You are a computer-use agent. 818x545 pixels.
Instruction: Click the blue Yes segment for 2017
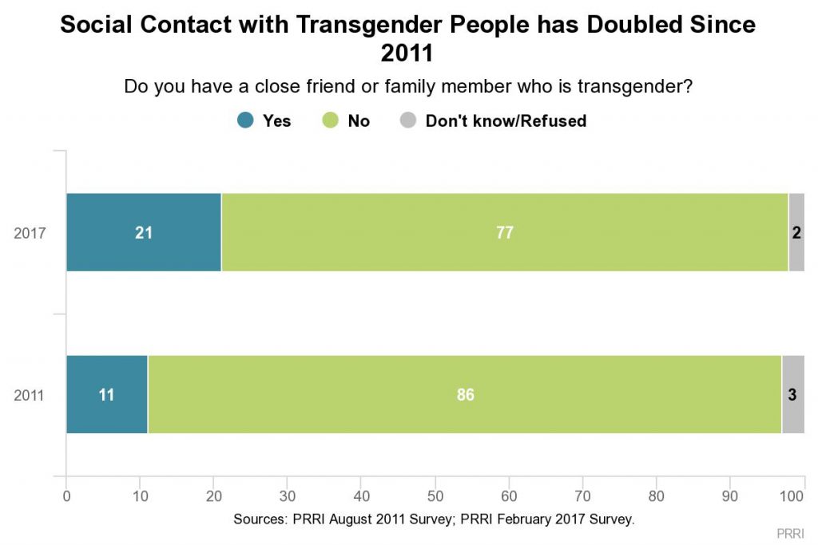(x=144, y=233)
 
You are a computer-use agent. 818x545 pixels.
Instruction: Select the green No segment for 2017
(x=504, y=233)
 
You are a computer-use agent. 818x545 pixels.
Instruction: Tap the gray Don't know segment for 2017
(x=796, y=233)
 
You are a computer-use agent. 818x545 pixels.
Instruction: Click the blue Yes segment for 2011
(x=107, y=395)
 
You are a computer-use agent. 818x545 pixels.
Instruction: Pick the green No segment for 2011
(x=464, y=395)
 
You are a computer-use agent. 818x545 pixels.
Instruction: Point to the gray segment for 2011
(x=792, y=395)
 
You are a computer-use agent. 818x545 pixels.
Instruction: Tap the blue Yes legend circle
(x=246, y=121)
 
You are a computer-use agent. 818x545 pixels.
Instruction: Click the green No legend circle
(x=331, y=121)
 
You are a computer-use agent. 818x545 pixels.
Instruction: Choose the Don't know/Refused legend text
(x=506, y=121)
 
